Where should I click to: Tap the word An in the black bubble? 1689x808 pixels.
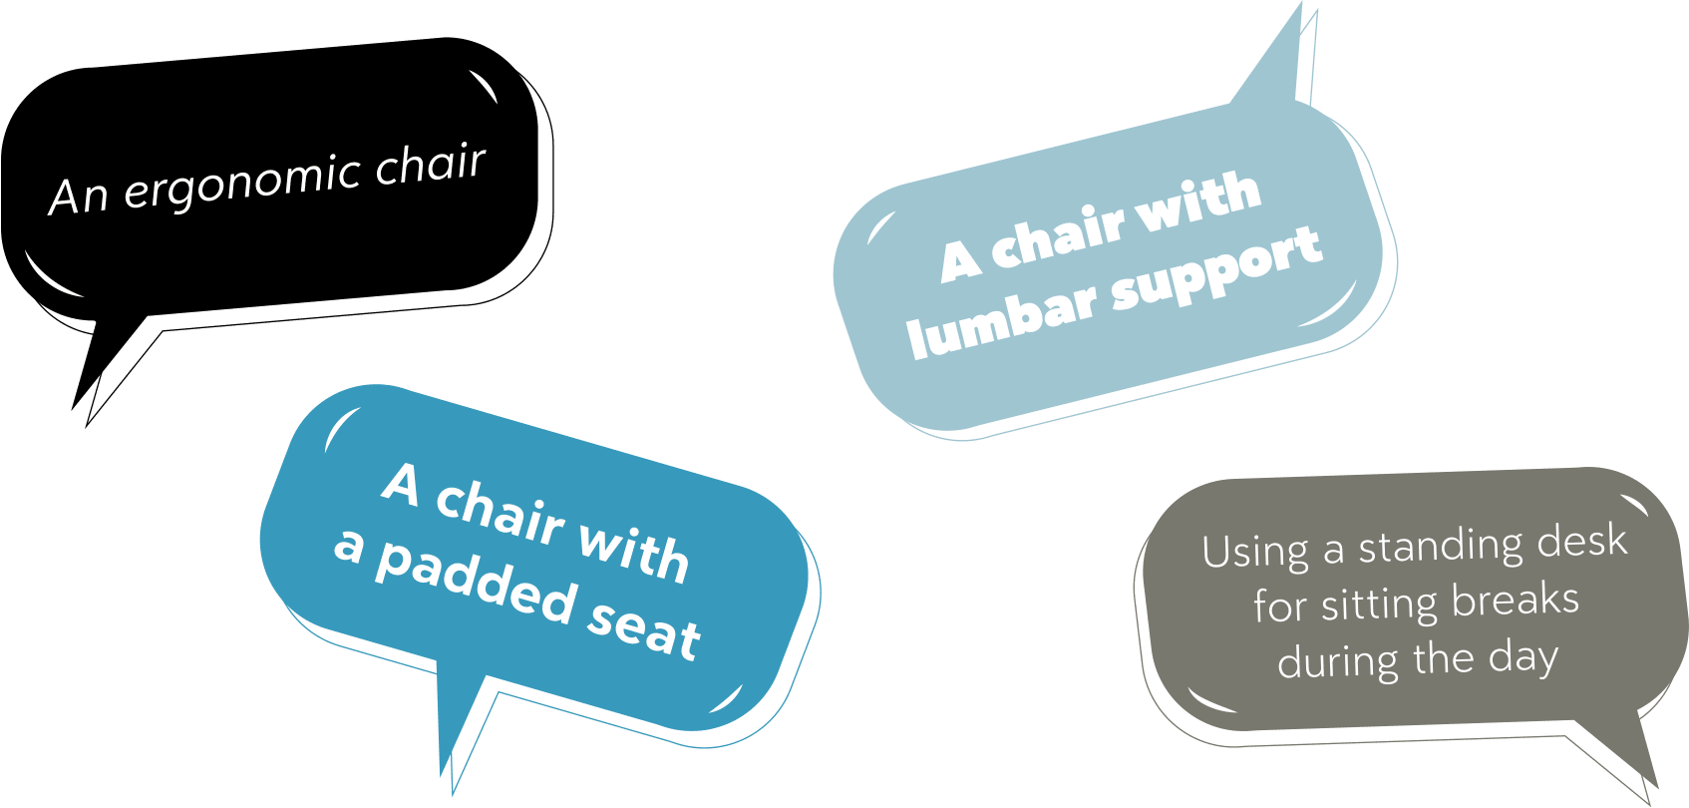(x=78, y=196)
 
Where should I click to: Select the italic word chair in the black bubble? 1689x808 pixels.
(x=431, y=165)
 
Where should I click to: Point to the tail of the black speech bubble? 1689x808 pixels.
(x=95, y=364)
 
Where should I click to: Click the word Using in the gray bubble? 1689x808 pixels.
(x=1255, y=552)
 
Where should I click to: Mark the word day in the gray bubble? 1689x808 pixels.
(x=1522, y=658)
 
